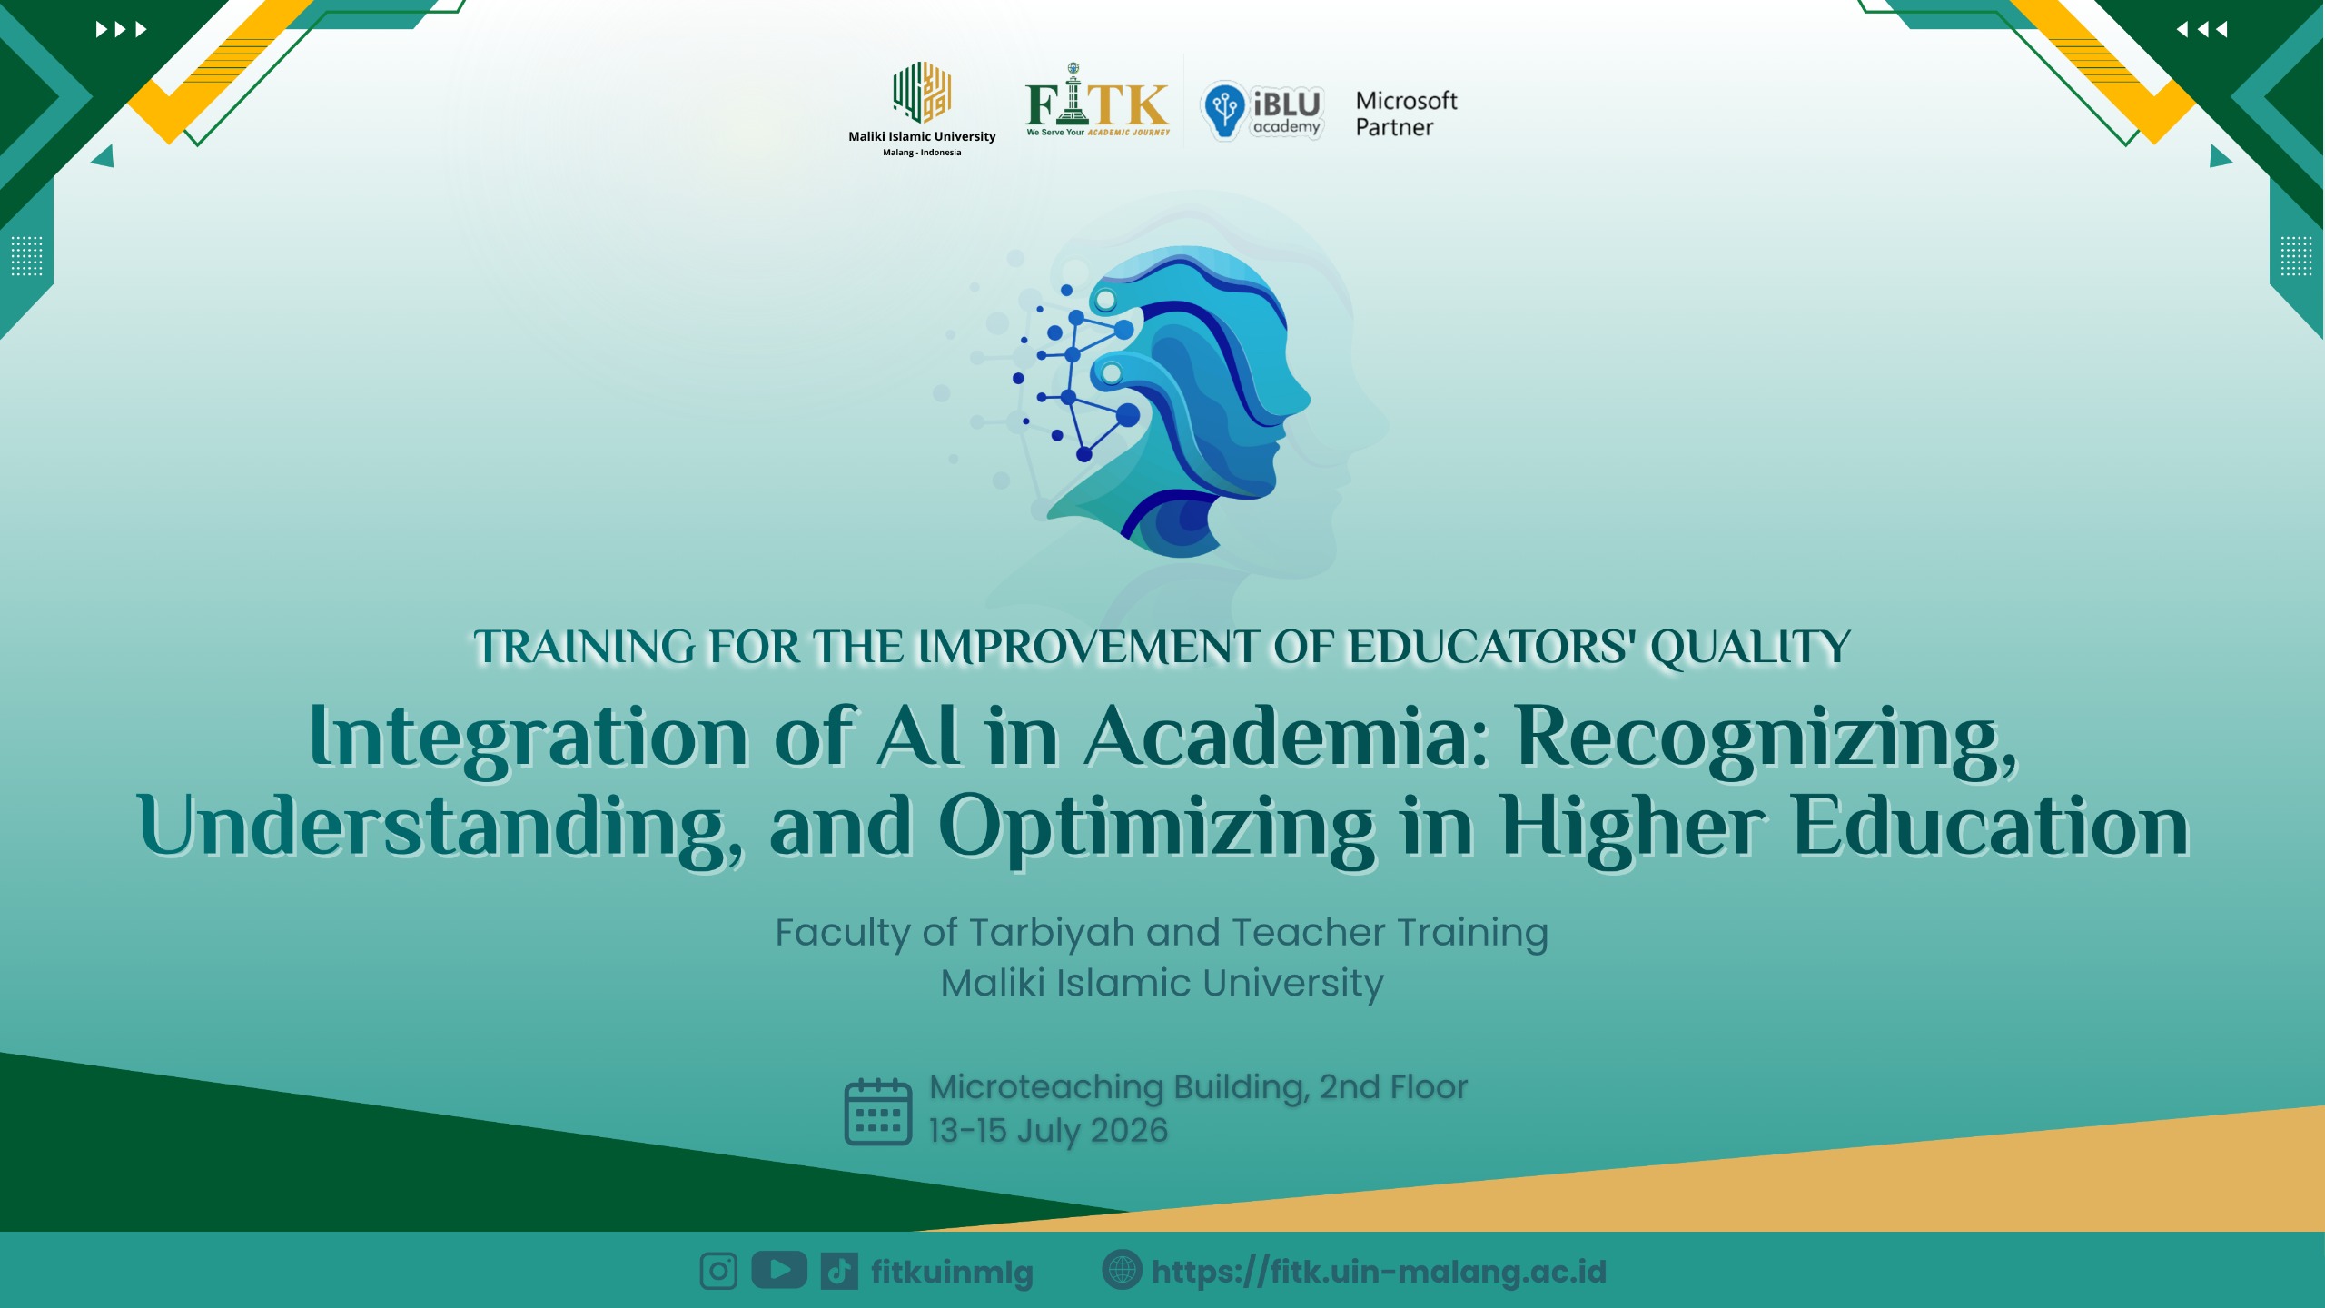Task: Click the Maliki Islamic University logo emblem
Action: coord(922,92)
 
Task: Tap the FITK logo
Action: coord(1097,100)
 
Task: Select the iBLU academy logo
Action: coord(1262,111)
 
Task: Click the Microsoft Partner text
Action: coord(1406,114)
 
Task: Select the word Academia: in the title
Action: coord(1288,736)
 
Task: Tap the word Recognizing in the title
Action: coord(1767,740)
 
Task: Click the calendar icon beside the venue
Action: coord(878,1112)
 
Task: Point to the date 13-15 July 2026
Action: coord(1048,1131)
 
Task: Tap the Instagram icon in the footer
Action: coord(718,1272)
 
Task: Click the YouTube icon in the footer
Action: coord(779,1270)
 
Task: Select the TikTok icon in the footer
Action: coord(839,1272)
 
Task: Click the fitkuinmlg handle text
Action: coord(952,1273)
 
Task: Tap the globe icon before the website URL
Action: coord(1122,1270)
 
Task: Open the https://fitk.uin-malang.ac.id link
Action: coord(1380,1272)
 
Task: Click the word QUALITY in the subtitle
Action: coord(1750,648)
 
